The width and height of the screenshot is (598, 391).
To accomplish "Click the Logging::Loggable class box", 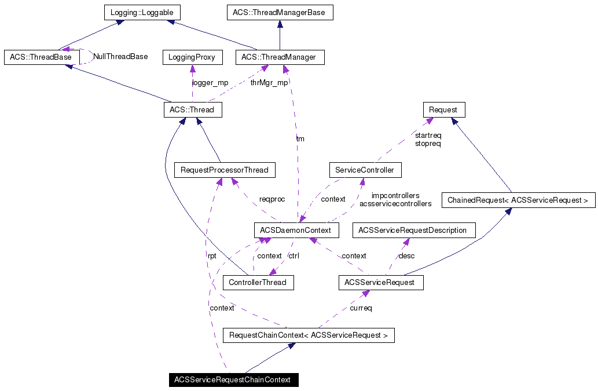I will tap(142, 12).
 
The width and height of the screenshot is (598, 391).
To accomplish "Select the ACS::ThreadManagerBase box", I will tap(279, 12).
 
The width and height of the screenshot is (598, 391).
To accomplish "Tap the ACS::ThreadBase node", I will tap(41, 57).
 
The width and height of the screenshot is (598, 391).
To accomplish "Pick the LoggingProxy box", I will tap(192, 57).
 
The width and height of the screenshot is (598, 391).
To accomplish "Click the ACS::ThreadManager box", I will tap(280, 57).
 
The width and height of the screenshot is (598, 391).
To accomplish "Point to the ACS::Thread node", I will tap(192, 109).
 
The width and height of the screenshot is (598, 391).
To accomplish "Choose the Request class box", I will tap(443, 109).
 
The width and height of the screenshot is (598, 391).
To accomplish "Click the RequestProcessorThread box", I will tap(225, 170).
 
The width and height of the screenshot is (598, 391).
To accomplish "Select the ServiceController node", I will tap(365, 170).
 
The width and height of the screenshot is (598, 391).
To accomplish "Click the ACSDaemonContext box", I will tap(295, 230).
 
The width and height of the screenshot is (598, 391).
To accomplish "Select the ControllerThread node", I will tap(258, 283).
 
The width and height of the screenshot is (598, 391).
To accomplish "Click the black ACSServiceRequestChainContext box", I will tap(233, 380).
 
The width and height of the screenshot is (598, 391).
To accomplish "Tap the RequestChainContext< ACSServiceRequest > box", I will tap(309, 335).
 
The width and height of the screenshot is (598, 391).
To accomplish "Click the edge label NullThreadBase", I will tap(120, 57).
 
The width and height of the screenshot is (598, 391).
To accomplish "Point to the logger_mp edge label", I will tap(210, 82).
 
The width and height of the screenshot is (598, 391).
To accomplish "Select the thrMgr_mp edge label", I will tap(269, 82).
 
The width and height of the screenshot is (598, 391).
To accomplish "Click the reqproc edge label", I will tap(272, 199).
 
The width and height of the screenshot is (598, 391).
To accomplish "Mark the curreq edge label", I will tap(361, 308).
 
